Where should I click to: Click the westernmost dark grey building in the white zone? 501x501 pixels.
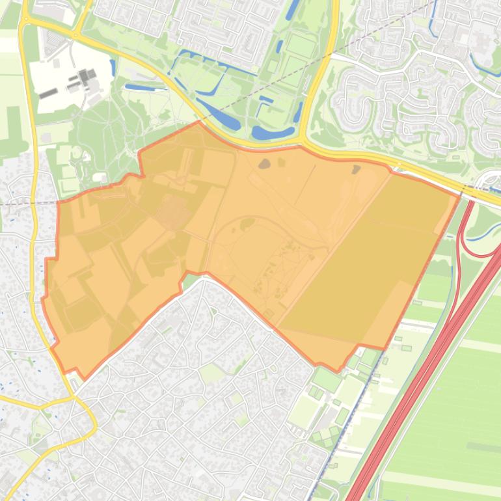coord(47,94)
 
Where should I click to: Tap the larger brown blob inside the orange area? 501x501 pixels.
coord(264,163)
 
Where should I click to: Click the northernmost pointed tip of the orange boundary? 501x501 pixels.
coord(198,122)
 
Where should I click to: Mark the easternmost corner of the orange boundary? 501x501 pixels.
coord(459,194)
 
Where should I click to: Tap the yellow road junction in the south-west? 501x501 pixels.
coord(72,396)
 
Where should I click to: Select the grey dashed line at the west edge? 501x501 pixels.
coord(26,202)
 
